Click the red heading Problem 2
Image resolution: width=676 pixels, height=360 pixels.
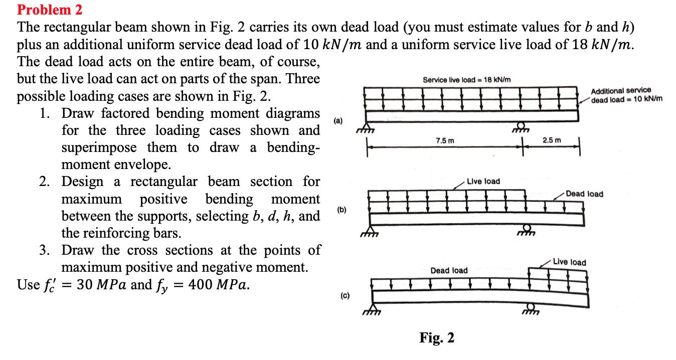click(x=50, y=10)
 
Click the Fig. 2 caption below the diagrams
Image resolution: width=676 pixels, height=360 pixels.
click(x=437, y=337)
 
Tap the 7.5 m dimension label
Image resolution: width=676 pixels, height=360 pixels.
click(x=445, y=140)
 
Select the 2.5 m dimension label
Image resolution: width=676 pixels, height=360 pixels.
click(x=552, y=140)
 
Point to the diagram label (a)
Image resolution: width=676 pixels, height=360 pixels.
click(x=338, y=121)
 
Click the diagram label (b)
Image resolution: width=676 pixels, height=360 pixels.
click(x=342, y=210)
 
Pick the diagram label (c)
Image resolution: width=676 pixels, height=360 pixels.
click(x=345, y=296)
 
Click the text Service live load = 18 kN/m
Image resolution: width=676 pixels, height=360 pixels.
click(x=466, y=80)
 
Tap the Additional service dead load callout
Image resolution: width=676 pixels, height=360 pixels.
click(x=626, y=95)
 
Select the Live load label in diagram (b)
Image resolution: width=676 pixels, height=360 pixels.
click(x=483, y=181)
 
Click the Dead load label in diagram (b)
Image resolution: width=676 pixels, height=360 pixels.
click(x=584, y=194)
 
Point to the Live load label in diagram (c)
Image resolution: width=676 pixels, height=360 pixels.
click(x=570, y=262)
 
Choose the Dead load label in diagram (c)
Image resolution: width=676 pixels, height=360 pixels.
click(x=449, y=270)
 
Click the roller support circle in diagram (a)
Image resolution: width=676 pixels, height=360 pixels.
click(x=521, y=125)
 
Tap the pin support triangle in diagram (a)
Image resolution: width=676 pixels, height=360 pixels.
click(x=366, y=126)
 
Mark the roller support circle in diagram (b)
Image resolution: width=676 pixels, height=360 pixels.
click(x=527, y=228)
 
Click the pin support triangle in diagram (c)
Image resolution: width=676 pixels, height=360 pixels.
click(x=372, y=307)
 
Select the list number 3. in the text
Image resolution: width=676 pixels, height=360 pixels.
click(x=45, y=250)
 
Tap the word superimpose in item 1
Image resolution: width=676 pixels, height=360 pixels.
click(x=99, y=147)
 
